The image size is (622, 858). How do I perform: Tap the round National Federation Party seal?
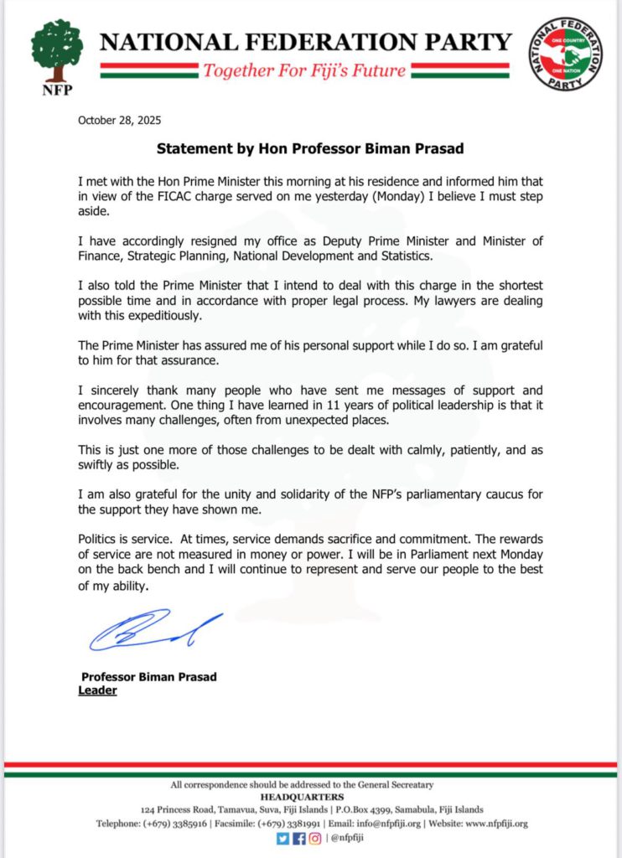tap(565, 54)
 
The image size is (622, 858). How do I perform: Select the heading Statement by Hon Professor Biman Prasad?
tap(310, 148)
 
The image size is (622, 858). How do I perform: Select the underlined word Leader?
tap(97, 690)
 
